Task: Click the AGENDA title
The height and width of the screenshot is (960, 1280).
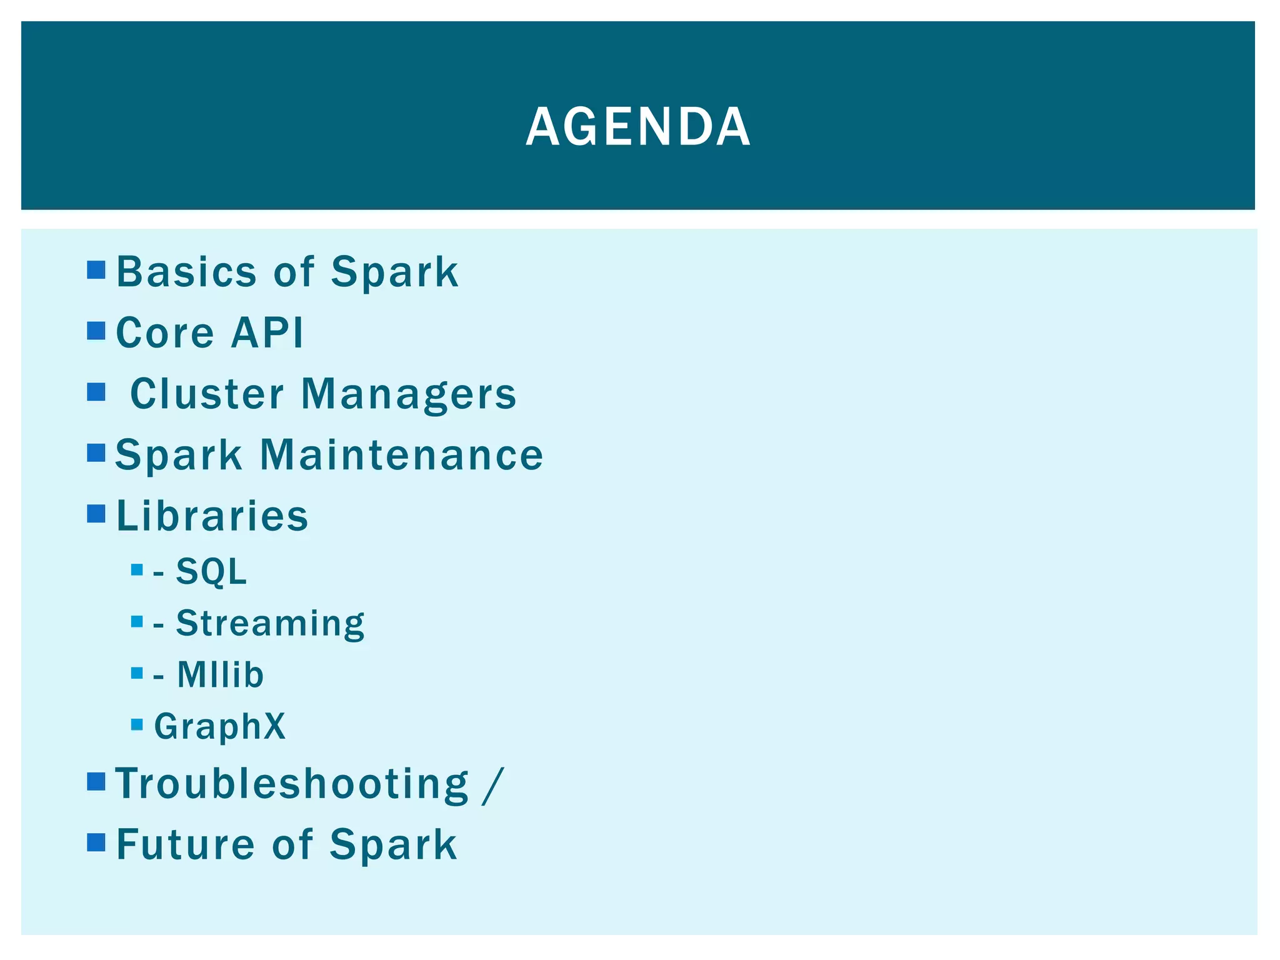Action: (638, 127)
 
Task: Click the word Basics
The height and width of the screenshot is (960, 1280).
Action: (186, 272)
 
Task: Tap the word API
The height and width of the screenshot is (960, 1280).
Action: (267, 332)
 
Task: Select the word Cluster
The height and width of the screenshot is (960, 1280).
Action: (207, 394)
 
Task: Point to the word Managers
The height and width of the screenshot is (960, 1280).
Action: (409, 395)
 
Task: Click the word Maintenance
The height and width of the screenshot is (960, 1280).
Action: (401, 454)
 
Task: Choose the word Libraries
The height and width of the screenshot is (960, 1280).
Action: (212, 516)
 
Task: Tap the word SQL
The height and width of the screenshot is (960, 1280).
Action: (211, 571)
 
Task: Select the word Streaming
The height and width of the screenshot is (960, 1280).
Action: (270, 624)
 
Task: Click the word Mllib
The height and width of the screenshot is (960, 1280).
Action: (220, 675)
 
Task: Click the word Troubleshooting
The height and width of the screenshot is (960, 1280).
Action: (292, 784)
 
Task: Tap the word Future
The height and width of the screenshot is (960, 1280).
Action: (186, 844)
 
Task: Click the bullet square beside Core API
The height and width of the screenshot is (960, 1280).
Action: (96, 331)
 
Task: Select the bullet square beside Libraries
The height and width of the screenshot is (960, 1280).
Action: (96, 514)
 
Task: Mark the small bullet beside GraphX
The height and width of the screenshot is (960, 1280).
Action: (137, 725)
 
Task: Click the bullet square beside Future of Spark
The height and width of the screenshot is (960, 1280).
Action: (96, 842)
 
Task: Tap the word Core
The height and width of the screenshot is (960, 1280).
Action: (165, 332)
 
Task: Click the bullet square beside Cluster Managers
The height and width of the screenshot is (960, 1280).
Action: (96, 392)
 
